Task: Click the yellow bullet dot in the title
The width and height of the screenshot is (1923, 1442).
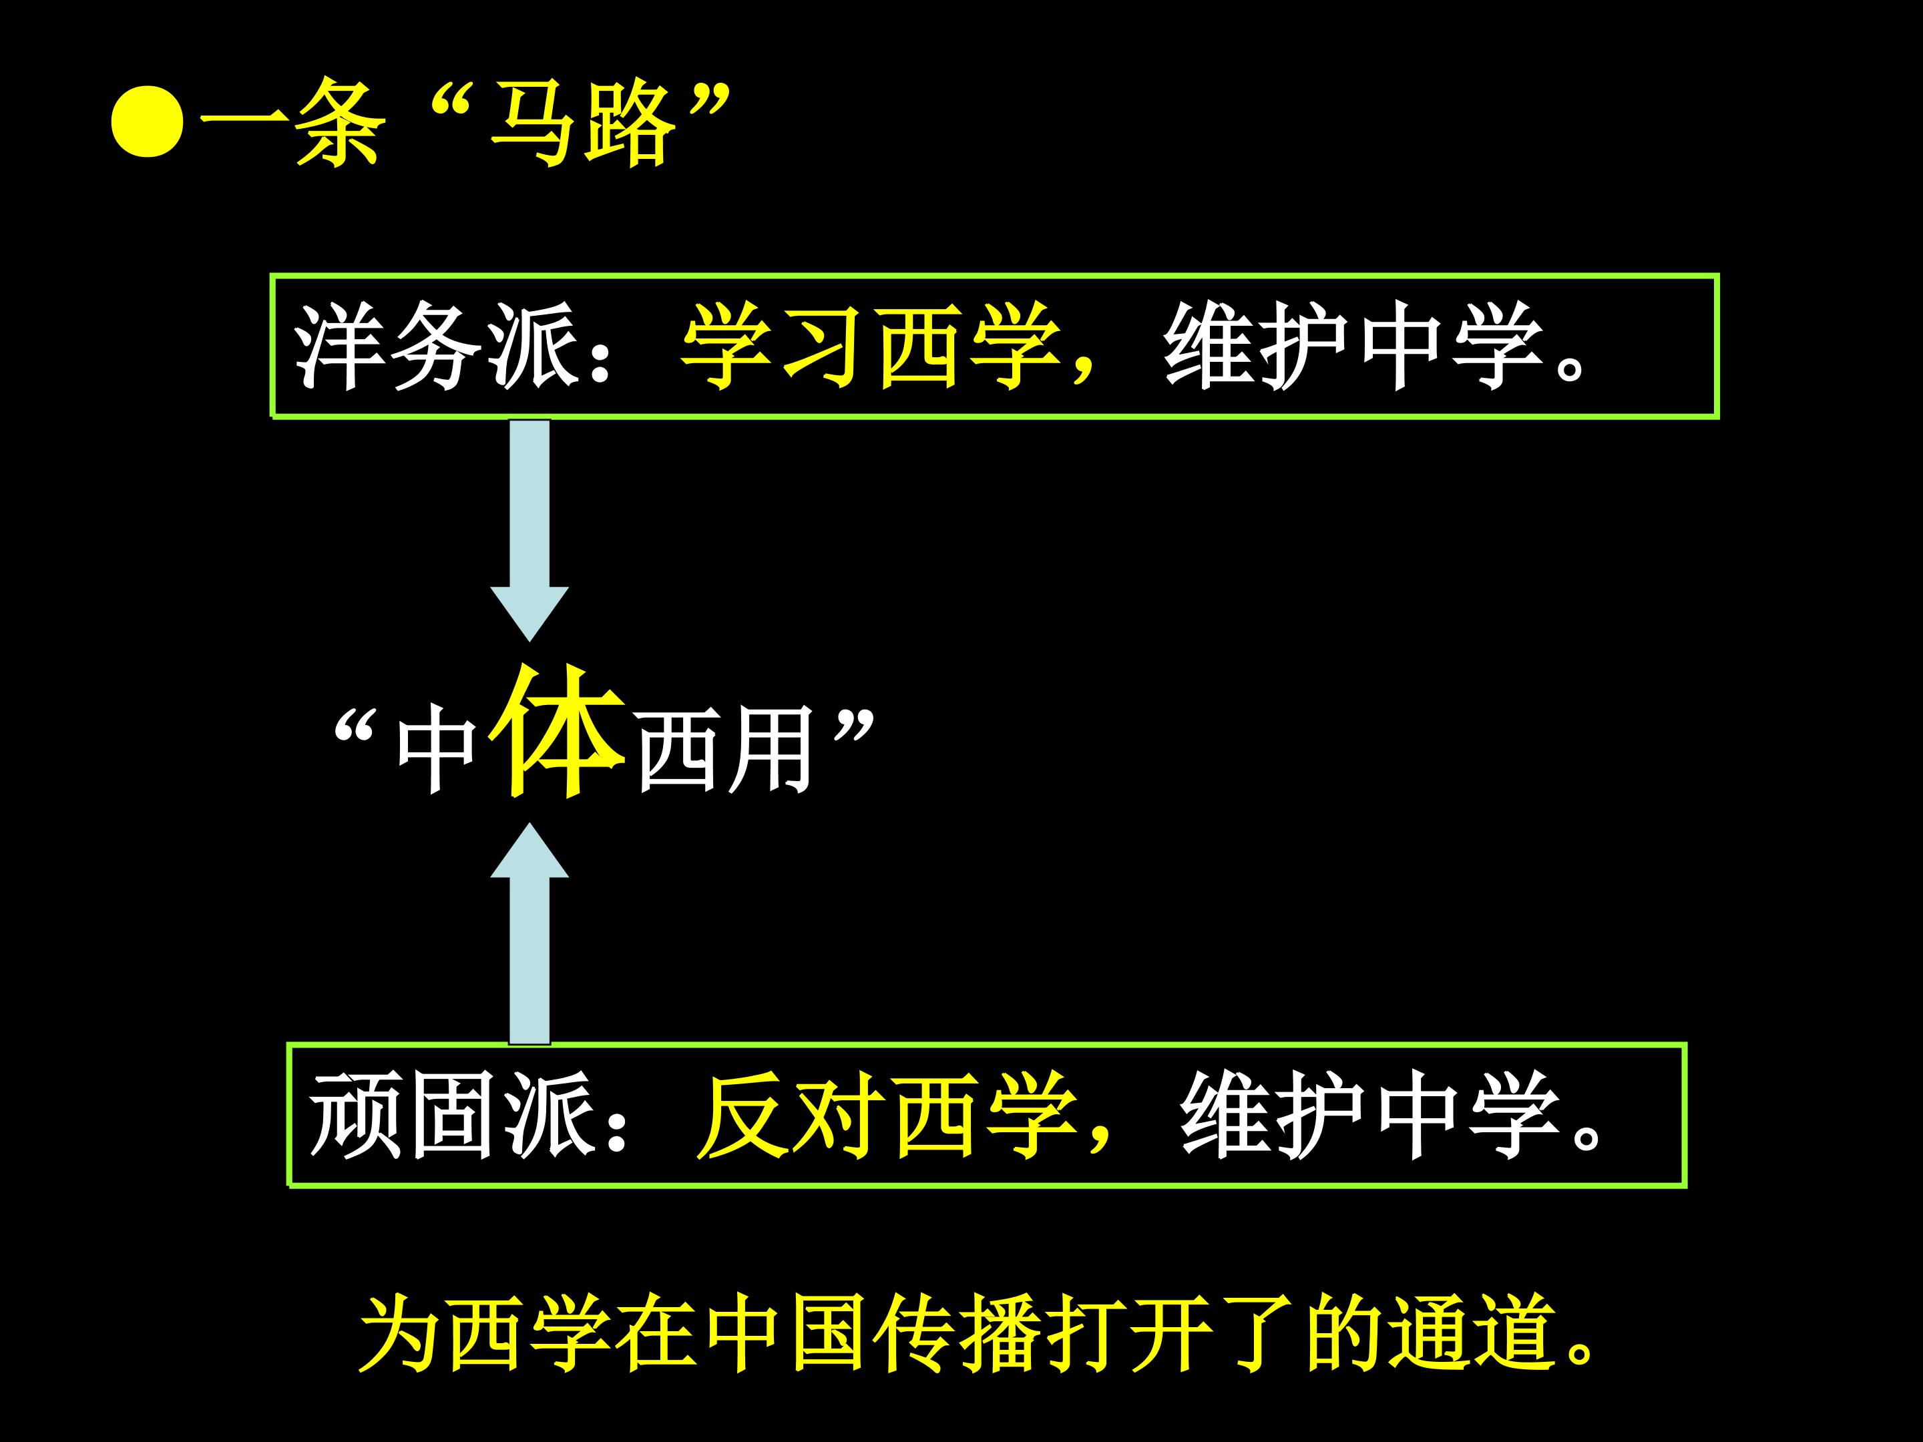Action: pyautogui.click(x=147, y=122)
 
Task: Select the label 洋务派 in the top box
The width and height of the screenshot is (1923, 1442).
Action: pyautogui.click(x=435, y=346)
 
